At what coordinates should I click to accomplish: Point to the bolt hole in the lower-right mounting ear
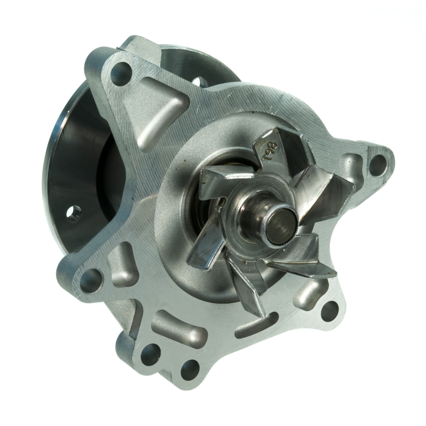(x=329, y=310)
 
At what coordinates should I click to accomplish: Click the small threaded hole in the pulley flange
(x=73, y=212)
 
